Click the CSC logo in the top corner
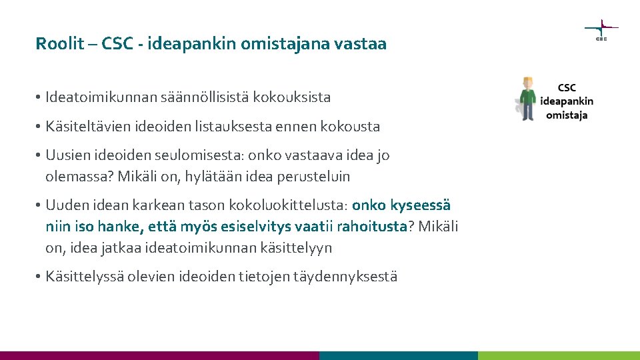click(601, 29)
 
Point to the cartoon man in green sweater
click(528, 99)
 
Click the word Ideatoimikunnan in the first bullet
click(101, 97)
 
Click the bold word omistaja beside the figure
click(567, 115)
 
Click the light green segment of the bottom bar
click(559, 355)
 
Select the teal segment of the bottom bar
click(399, 355)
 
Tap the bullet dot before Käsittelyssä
click(40, 277)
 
